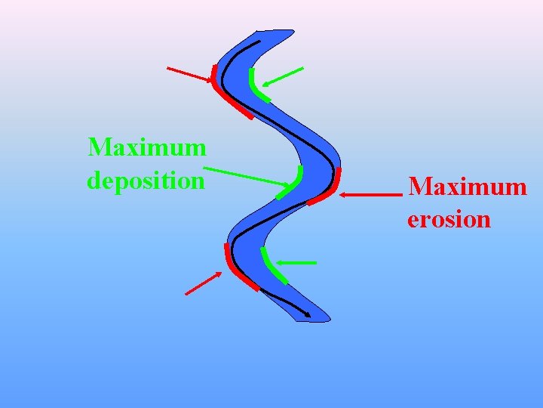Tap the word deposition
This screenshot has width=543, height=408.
(146, 181)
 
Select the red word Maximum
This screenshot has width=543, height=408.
(467, 186)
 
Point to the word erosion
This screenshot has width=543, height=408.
(449, 220)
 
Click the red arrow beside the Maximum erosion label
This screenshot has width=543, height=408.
(370, 195)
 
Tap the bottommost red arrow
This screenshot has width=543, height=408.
(204, 283)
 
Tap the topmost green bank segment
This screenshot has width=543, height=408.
(256, 87)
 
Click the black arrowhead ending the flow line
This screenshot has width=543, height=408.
(307, 314)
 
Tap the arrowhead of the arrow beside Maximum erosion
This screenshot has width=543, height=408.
(343, 195)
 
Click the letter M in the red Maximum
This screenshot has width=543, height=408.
(420, 186)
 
